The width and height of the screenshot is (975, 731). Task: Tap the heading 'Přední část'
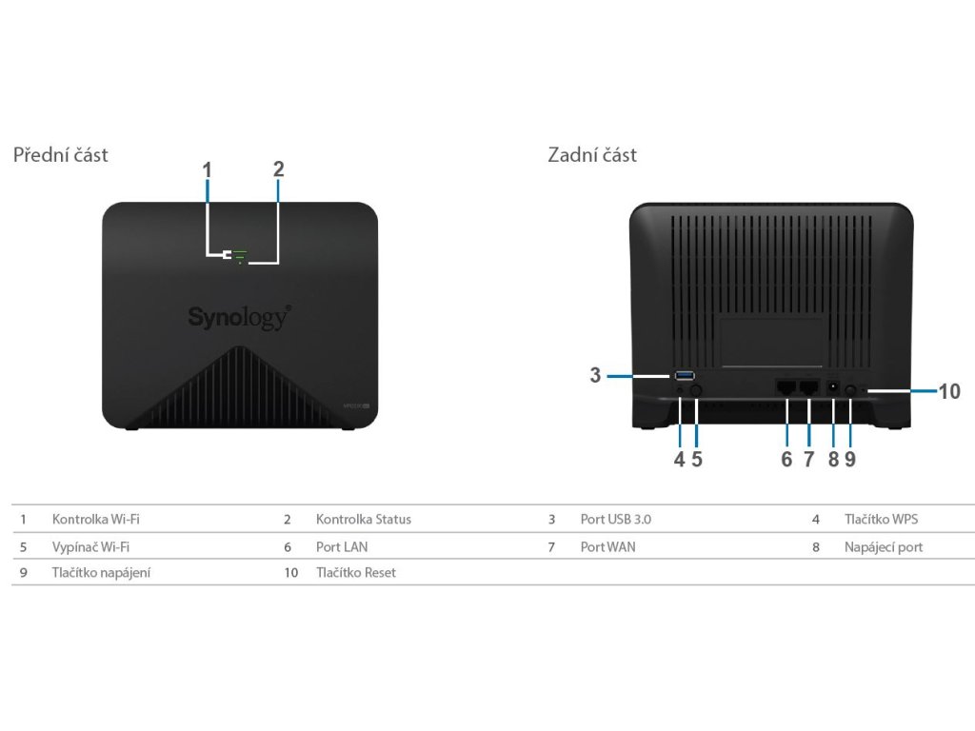click(x=60, y=154)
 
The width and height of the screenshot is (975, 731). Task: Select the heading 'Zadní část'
click(x=592, y=154)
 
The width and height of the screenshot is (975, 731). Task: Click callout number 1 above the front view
click(x=207, y=169)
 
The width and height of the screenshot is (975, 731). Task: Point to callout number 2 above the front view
click(x=278, y=169)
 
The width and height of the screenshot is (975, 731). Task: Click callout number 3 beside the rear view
click(x=595, y=375)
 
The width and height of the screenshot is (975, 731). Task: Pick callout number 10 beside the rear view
click(x=949, y=390)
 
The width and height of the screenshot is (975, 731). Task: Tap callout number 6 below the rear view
click(x=786, y=459)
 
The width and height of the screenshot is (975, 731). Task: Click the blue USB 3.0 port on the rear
click(x=685, y=375)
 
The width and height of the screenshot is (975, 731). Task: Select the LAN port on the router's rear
click(x=787, y=387)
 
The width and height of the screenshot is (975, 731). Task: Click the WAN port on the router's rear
click(x=809, y=387)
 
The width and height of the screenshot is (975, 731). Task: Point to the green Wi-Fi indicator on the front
click(x=240, y=254)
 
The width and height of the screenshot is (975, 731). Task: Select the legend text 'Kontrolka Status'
click(x=364, y=520)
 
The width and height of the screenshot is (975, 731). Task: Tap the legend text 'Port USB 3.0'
click(x=616, y=520)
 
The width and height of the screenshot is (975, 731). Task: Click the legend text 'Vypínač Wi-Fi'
click(x=91, y=547)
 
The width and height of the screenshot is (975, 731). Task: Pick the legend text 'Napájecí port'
click(x=884, y=547)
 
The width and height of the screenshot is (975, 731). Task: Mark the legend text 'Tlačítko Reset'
click(x=356, y=573)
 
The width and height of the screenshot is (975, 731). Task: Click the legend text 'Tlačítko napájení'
click(x=102, y=573)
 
